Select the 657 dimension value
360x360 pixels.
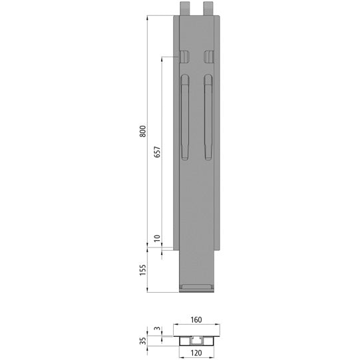click(x=156, y=152)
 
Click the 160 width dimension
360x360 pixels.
click(x=195, y=319)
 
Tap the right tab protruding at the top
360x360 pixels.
click(x=209, y=9)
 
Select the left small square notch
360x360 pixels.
click(x=184, y=56)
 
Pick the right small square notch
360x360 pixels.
click(x=209, y=56)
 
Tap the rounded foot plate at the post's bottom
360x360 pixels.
click(x=196, y=288)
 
